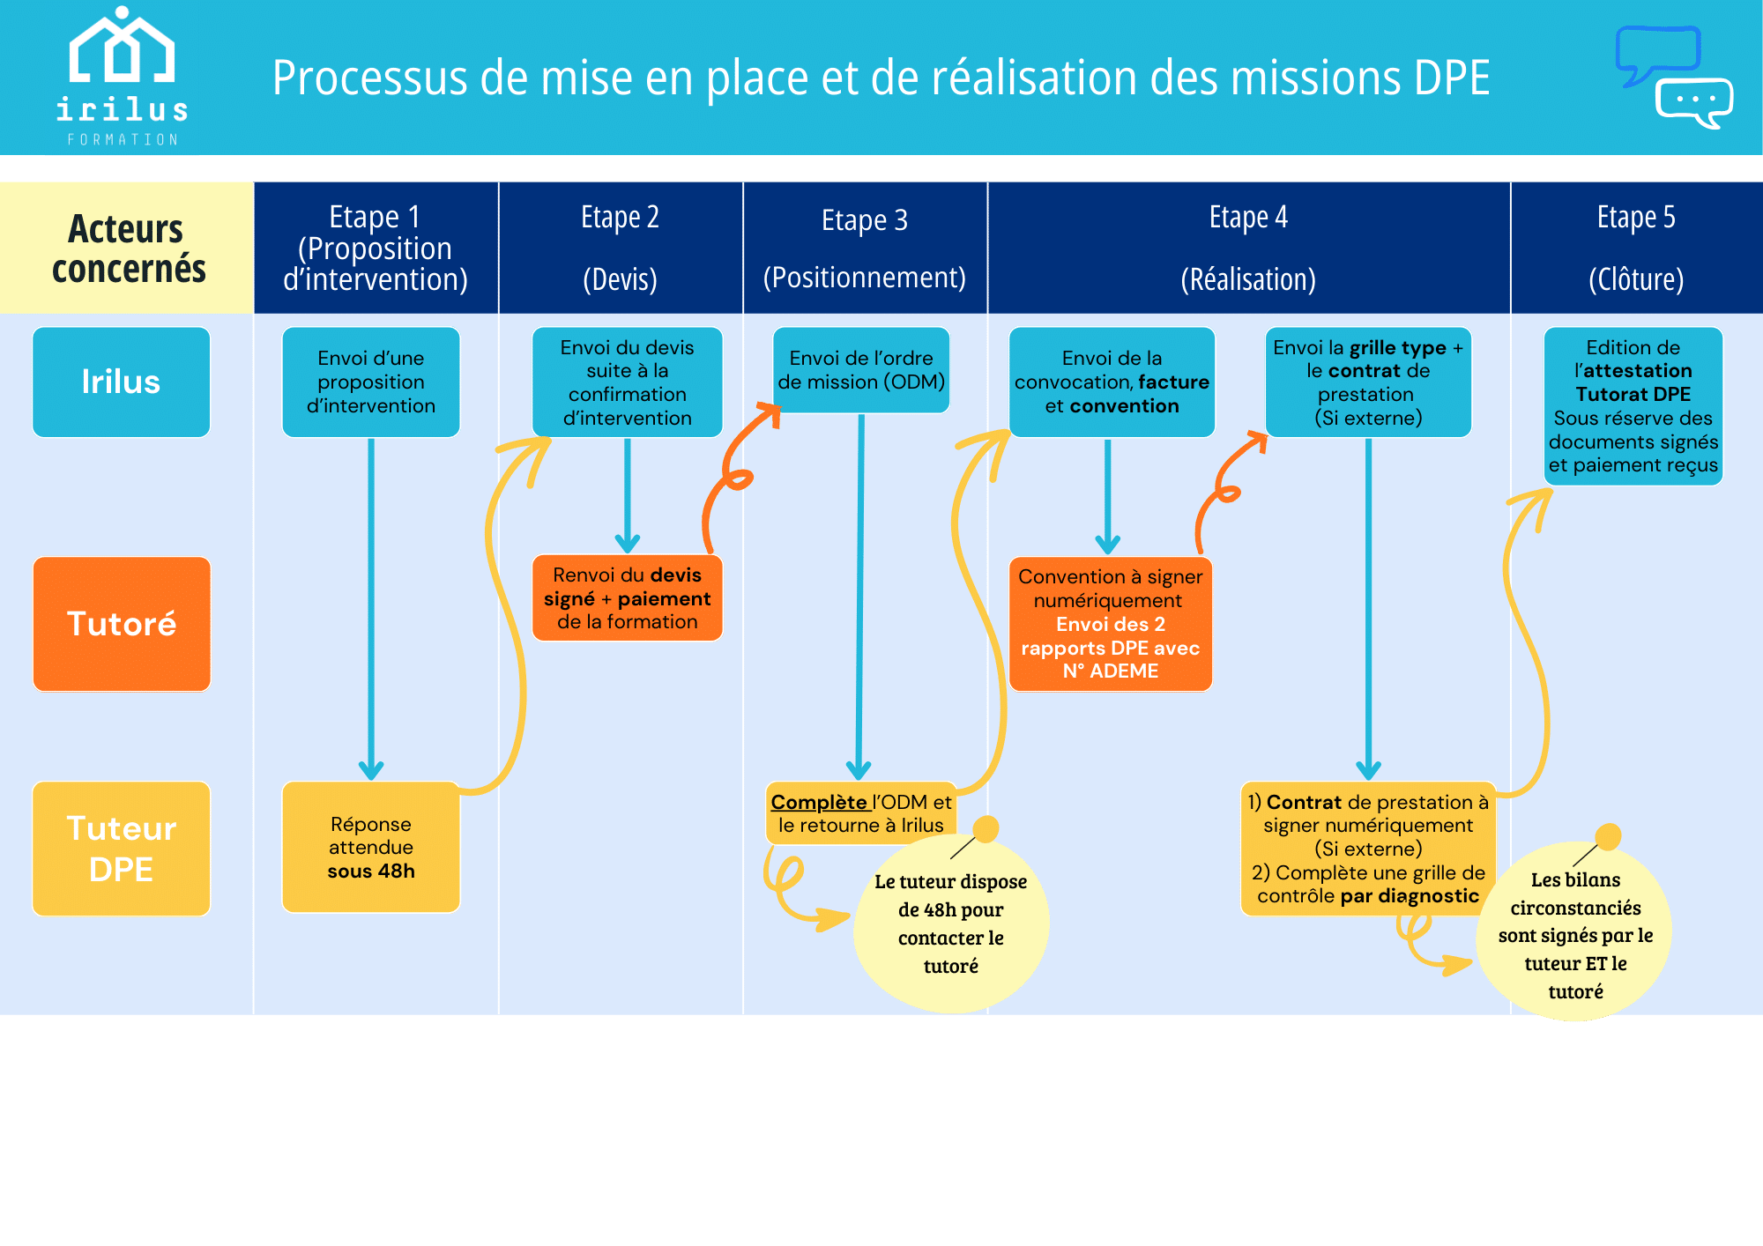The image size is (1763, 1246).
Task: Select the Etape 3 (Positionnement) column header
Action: click(865, 248)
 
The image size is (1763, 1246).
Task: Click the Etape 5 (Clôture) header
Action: click(1636, 248)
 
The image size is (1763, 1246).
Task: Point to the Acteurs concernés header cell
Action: click(127, 248)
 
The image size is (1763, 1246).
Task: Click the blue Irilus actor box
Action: click(122, 382)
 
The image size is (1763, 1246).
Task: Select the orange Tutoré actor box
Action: click(122, 624)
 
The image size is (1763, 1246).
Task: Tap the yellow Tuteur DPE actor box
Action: click(122, 849)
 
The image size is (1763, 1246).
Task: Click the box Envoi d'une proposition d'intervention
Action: click(371, 382)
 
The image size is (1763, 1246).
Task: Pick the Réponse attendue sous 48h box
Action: click(371, 847)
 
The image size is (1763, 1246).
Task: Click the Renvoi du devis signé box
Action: click(627, 598)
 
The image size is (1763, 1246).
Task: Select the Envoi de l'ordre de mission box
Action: click(861, 370)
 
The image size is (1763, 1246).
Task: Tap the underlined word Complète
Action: click(819, 802)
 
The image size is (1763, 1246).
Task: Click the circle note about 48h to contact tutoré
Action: click(951, 923)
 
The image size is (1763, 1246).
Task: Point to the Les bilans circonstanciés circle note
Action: click(1575, 935)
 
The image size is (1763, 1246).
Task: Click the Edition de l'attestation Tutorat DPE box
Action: click(1633, 406)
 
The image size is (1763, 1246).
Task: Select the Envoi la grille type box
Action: click(1368, 382)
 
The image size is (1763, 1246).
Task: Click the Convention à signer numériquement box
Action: click(1110, 624)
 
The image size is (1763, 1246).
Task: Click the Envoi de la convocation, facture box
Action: click(1112, 382)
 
